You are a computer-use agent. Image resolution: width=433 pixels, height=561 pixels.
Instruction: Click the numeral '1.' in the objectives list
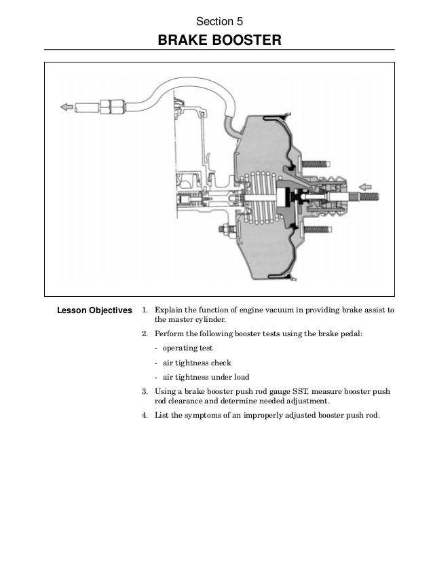(x=145, y=310)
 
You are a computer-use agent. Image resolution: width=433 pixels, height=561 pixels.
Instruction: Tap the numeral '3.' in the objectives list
(x=145, y=392)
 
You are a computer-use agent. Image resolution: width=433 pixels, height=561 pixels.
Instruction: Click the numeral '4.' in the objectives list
(x=145, y=416)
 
